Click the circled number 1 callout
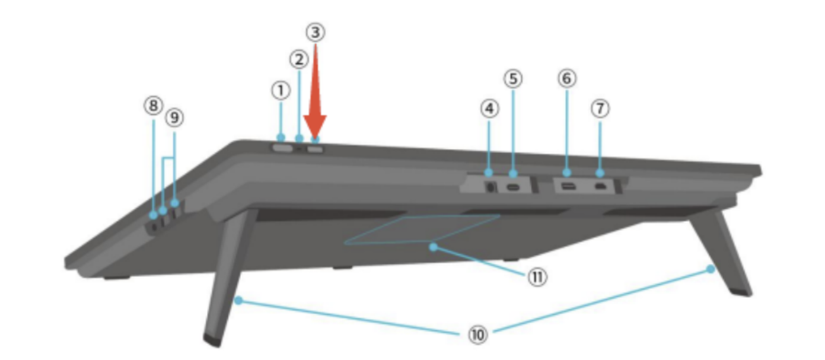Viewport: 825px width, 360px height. pyautogui.click(x=281, y=91)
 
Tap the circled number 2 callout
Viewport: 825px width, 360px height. pyautogui.click(x=299, y=59)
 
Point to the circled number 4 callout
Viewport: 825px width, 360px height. pyautogui.click(x=489, y=109)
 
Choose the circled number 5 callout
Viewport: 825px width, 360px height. pyautogui.click(x=512, y=78)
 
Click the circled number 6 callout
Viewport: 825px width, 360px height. pyautogui.click(x=566, y=78)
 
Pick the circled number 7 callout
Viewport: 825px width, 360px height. pyautogui.click(x=600, y=109)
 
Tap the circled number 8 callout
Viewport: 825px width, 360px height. pyautogui.click(x=153, y=106)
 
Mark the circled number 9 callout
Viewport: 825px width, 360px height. pyautogui.click(x=174, y=118)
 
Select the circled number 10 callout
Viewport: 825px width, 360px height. pyautogui.click(x=478, y=334)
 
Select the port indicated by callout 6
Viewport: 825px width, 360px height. pyautogui.click(x=566, y=187)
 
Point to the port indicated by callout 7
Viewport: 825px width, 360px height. pyautogui.click(x=600, y=188)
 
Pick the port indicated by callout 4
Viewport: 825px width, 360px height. pyautogui.click(x=490, y=187)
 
